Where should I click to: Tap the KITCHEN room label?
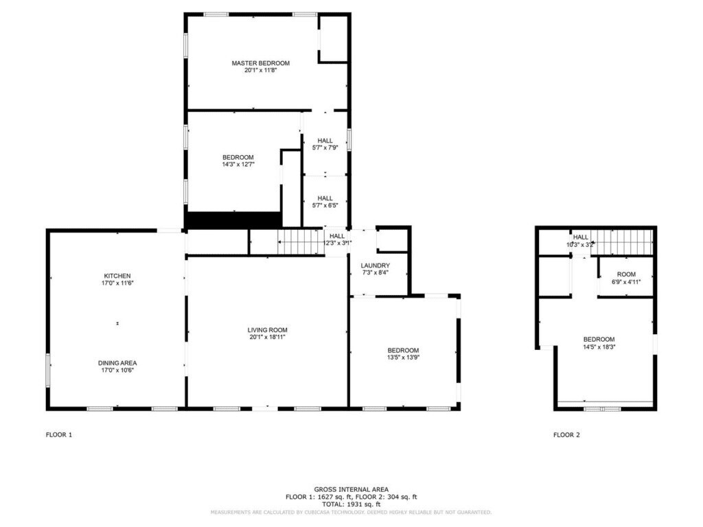pyautogui.click(x=117, y=276)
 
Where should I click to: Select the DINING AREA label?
pyautogui.click(x=117, y=363)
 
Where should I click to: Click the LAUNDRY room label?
pyautogui.click(x=376, y=266)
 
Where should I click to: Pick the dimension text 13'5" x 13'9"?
pyautogui.click(x=403, y=357)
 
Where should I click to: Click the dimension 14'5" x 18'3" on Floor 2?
pyautogui.click(x=599, y=347)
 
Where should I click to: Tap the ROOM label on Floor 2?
pyautogui.click(x=625, y=274)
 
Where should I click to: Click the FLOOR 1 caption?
pyautogui.click(x=58, y=434)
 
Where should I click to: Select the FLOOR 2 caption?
pyautogui.click(x=566, y=434)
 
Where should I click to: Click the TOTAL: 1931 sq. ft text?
pyautogui.click(x=351, y=504)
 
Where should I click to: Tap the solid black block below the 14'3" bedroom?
pyautogui.click(x=233, y=220)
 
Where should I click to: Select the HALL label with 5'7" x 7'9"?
pyautogui.click(x=325, y=141)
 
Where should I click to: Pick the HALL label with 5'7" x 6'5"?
pyautogui.click(x=325, y=198)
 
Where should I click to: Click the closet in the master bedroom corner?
pyautogui.click(x=333, y=38)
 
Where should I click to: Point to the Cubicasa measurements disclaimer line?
pyautogui.click(x=351, y=512)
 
